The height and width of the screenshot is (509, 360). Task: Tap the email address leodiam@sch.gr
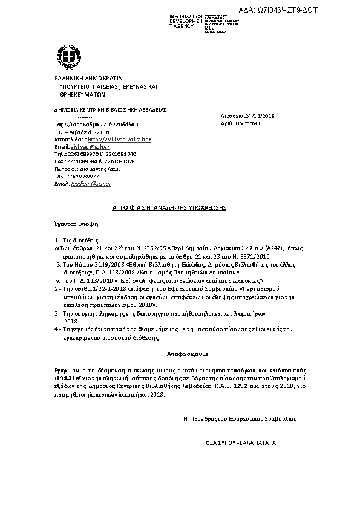pos(91,183)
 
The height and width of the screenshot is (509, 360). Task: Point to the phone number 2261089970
pos(76,154)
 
